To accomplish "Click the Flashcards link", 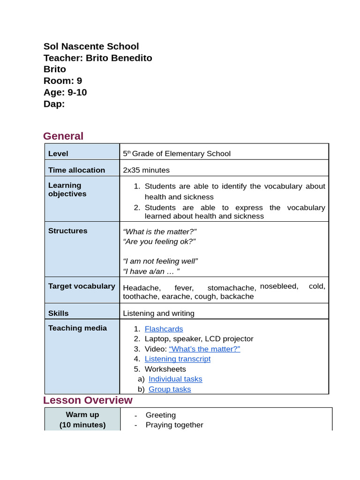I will (164, 329).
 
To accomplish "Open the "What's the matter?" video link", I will (204, 349).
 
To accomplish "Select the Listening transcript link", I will (178, 359).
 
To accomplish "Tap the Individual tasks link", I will (175, 379).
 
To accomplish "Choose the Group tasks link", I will (170, 389).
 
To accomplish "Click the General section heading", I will (63, 136).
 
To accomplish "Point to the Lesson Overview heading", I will (88, 400).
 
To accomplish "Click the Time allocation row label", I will (76, 170).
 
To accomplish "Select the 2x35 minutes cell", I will (146, 170).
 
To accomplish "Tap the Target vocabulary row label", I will (82, 286).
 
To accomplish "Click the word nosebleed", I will (279, 286).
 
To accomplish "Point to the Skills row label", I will (58, 313).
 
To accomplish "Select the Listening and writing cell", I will (158, 313).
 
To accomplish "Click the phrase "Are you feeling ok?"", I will (159, 241).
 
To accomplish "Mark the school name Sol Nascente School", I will (91, 46).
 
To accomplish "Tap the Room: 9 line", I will (63, 81).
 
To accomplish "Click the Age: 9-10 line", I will (65, 92).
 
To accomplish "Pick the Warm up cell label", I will (82, 414).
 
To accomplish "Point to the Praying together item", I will (174, 425).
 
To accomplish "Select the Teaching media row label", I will (77, 328).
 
